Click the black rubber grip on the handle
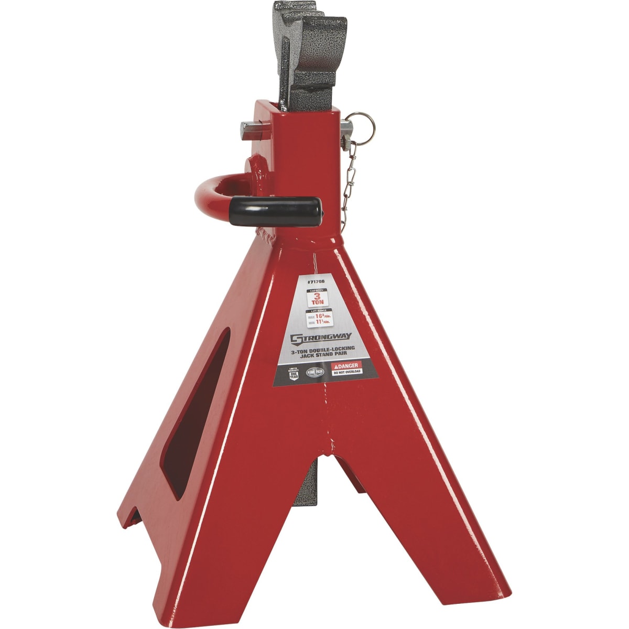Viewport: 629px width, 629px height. [x=277, y=209]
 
